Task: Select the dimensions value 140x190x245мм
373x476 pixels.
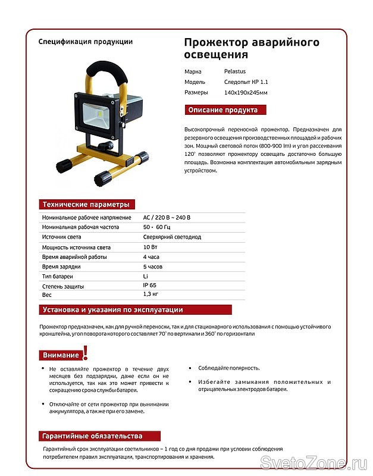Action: pos(246,92)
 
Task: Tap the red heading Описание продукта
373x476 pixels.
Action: pos(222,110)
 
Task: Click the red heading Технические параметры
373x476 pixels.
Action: pos(85,205)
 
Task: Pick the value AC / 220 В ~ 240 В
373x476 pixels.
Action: pos(167,218)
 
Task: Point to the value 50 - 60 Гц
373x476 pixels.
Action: pos(157,227)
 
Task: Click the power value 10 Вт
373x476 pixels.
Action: pos(150,246)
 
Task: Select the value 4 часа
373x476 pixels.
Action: pos(151,256)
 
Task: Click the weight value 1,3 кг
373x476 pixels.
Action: pos(151,295)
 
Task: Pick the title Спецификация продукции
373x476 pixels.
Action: pos(86,42)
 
